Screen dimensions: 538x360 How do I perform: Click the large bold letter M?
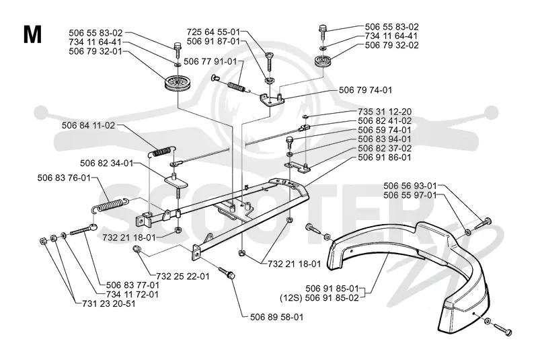32,35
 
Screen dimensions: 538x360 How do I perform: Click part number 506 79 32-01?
95,52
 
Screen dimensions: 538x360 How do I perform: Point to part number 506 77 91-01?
210,62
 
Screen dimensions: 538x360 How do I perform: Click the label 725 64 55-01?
213,32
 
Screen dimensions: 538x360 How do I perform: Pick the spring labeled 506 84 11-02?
162,151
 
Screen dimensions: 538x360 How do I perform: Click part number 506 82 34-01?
106,163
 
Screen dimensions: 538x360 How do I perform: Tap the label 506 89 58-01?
277,317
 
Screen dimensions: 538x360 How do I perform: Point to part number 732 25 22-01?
182,277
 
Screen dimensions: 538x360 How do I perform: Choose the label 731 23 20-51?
109,303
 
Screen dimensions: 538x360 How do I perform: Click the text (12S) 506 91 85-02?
319,297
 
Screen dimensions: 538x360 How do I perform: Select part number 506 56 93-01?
410,186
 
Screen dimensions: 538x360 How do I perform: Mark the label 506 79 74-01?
365,90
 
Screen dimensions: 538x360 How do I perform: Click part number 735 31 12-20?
385,112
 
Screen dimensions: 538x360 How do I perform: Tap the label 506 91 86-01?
385,157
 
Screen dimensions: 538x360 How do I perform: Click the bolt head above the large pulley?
178,46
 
